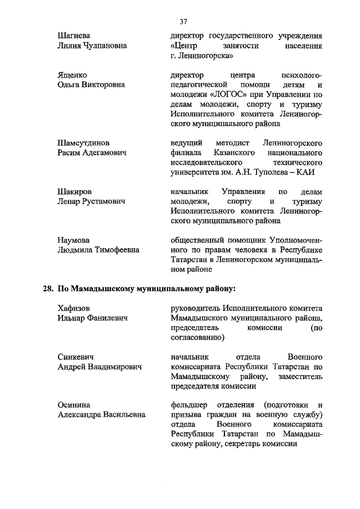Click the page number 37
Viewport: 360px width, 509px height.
tap(183, 22)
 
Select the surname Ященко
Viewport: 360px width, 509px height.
tap(72, 75)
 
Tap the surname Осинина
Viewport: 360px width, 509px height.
tap(74, 405)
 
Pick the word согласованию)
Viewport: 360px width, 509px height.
tap(197, 337)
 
